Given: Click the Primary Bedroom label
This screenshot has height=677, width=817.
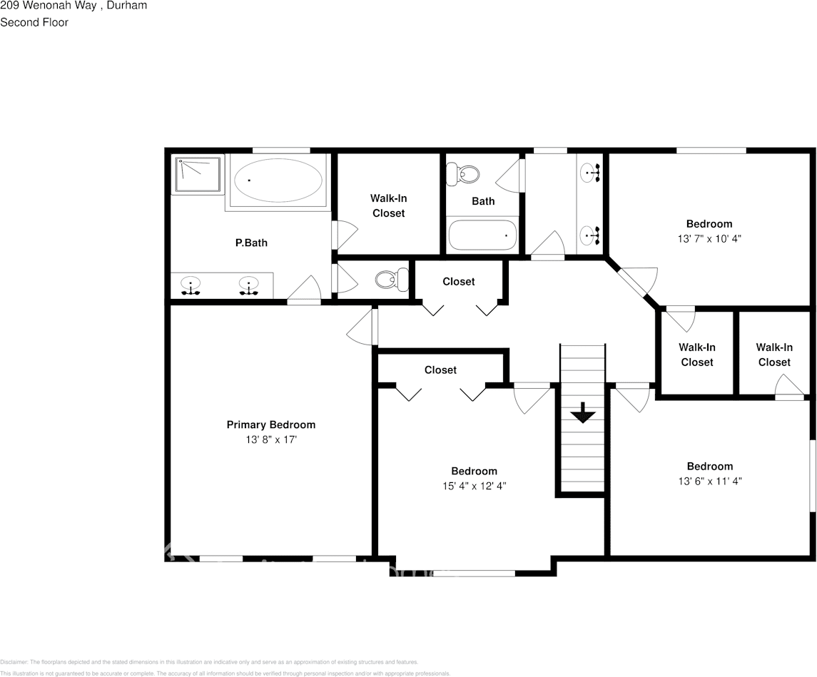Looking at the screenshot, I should pos(270,424).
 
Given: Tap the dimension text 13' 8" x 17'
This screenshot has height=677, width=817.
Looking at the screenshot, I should pos(270,440).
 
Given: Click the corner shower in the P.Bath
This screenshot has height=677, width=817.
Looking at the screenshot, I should pos(198,175).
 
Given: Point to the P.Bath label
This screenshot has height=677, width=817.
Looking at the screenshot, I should pos(251,243).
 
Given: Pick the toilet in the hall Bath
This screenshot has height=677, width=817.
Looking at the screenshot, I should pos(463,173).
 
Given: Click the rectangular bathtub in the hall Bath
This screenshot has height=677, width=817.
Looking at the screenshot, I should pos(482,235).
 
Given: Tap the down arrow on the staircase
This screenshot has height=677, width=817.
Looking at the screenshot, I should pos(583,413).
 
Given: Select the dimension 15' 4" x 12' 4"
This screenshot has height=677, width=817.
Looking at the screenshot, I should pos(474,486).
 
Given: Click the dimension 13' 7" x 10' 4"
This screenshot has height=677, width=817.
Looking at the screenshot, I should pos(709,239).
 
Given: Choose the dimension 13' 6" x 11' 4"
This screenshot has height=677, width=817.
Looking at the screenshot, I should pos(709,482).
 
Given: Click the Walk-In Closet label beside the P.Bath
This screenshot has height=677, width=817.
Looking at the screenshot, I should pos(388,205).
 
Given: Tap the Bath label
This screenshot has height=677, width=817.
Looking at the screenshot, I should pos(483,201).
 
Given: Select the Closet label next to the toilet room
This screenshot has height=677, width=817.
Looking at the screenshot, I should pos(458,282).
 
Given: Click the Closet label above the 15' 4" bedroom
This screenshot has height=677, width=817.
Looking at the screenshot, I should pos(440,370).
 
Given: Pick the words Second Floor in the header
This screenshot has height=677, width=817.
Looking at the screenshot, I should pos(34,22).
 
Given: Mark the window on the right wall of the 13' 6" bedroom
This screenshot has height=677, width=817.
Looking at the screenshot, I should pos(812,475).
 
